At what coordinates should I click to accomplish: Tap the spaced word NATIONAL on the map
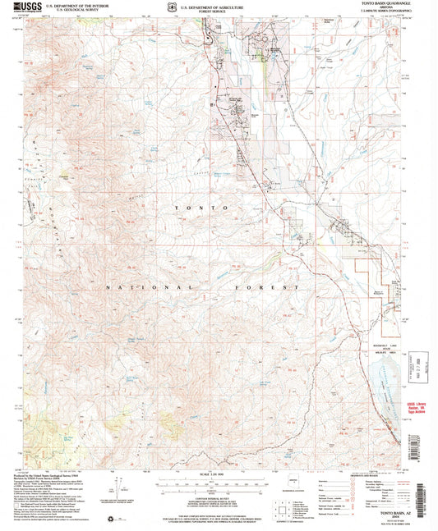pos(151,289)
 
